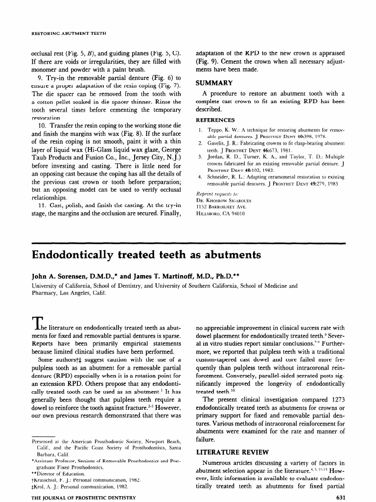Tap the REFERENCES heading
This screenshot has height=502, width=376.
(x=215, y=120)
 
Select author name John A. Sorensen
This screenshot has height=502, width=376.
(x=62, y=276)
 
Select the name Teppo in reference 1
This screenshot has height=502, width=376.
(x=216, y=130)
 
